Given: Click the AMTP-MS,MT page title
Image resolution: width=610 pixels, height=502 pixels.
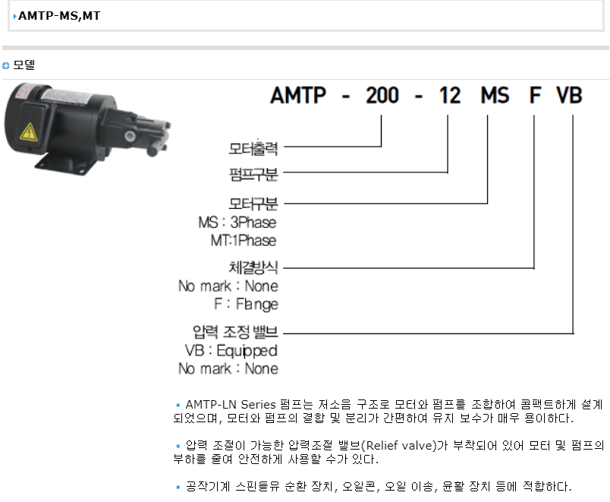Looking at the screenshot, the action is pos(59,16).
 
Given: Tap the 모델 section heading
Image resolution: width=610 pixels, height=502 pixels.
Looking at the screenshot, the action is pos(24,65).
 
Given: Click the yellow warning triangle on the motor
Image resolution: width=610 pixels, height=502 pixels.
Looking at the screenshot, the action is pos(29,132).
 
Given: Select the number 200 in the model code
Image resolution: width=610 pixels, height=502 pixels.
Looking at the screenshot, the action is pos(382,96).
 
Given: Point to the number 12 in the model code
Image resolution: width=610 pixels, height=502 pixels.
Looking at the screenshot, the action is pos(450,96).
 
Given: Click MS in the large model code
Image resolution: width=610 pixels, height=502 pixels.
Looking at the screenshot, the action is pos(495,96).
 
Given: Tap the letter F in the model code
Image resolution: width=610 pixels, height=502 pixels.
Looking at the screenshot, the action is pos(535,96).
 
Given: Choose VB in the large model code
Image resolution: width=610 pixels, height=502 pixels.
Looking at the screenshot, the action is pos(569,96).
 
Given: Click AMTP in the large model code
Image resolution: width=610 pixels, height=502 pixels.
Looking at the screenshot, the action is pos(298,96).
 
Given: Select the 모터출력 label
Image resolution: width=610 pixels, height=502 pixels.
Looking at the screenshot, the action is pos(253,148).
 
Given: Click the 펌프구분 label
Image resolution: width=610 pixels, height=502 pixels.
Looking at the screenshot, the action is pos(253,174).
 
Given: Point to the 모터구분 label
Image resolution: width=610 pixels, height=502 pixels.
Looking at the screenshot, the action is pos(253,204).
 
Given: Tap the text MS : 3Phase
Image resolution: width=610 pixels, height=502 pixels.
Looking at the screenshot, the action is pos(237,223).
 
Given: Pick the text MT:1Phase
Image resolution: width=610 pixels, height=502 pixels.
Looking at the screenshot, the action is pos(244,240).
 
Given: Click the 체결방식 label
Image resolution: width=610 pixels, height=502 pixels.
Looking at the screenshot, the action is pos(253,267).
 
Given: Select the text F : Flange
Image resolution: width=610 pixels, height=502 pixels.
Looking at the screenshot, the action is pos(247,304).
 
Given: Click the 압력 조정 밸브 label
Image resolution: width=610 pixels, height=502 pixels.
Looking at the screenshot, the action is pos(235,332).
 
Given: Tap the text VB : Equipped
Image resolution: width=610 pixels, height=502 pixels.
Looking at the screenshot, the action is pos(231,351).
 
